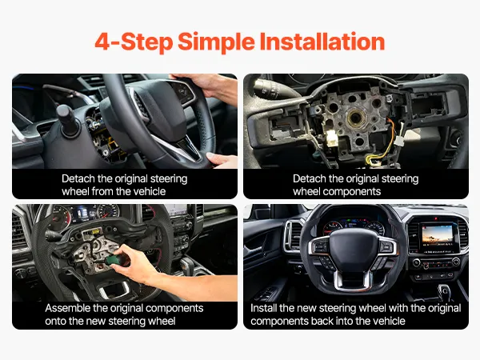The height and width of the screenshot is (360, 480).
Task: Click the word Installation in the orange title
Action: click(x=322, y=42)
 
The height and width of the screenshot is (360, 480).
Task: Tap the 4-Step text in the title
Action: click(x=134, y=42)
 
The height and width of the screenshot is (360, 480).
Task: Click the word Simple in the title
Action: click(x=216, y=42)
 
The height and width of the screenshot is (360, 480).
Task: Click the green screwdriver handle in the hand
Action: click(x=115, y=260)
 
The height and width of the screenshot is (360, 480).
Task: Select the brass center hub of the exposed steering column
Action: click(x=356, y=118)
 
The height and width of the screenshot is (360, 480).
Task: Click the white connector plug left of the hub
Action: click(x=331, y=138)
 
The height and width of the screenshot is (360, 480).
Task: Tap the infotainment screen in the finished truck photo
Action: click(x=437, y=235)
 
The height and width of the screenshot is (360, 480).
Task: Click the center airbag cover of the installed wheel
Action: click(x=353, y=249)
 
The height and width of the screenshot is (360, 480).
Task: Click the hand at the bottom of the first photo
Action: click(x=222, y=161)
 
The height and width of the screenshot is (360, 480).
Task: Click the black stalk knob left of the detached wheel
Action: click(x=66, y=120)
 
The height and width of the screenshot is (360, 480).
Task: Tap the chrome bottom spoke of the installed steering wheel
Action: click(x=351, y=279)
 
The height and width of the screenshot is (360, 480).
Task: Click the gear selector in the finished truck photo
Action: click(x=443, y=290)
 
